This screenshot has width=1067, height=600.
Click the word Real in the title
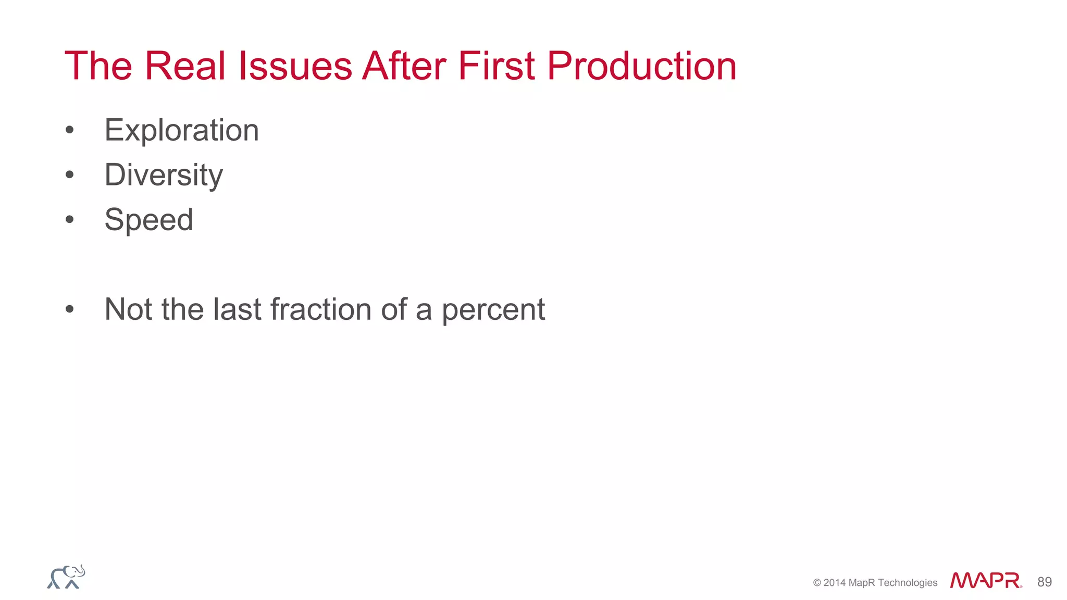coord(185,66)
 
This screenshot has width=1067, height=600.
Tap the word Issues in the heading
coord(295,66)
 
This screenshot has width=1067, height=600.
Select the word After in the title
coord(405,66)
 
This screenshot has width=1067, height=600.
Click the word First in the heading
coord(496,66)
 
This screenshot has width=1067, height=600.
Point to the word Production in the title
coord(641,66)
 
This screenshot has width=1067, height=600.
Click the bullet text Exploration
coord(181,130)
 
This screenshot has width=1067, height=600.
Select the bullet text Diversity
coord(164,175)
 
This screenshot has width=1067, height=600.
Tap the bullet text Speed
coord(148,220)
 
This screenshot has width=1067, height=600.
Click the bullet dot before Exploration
coord(70,130)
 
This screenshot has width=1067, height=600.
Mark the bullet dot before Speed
coord(70,220)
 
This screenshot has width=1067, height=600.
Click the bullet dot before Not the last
coord(70,309)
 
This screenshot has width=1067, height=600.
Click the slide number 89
coord(1044,582)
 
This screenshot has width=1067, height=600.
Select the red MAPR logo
coord(985,580)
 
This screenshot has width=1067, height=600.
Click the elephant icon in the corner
coord(66,577)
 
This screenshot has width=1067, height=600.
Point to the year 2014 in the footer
coord(834,583)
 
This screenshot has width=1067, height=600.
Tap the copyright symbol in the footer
coord(817,583)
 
